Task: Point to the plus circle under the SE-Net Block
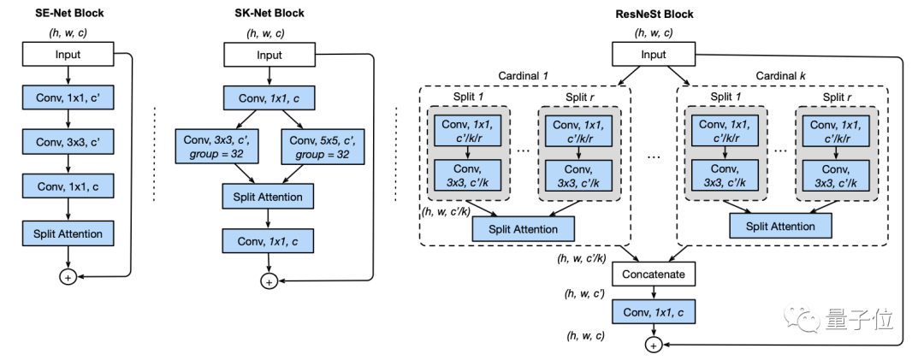click(67, 276)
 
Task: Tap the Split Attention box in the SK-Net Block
click(269, 198)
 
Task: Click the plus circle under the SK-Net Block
click(269, 281)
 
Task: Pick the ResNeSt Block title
click(654, 14)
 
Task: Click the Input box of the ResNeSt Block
click(654, 56)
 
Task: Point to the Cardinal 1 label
click(524, 77)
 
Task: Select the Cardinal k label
click(780, 77)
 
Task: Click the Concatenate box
click(654, 274)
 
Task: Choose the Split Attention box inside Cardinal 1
click(524, 228)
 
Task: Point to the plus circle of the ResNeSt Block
click(654, 345)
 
